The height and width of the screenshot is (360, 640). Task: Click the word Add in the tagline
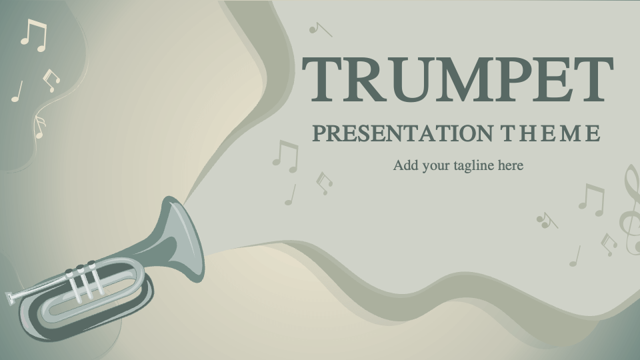point(404,165)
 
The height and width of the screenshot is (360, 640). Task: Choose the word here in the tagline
point(509,165)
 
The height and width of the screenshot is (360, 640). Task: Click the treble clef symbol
point(630,209)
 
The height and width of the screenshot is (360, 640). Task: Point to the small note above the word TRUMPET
point(319,29)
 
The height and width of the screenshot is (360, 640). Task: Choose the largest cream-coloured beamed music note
point(33,35)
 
